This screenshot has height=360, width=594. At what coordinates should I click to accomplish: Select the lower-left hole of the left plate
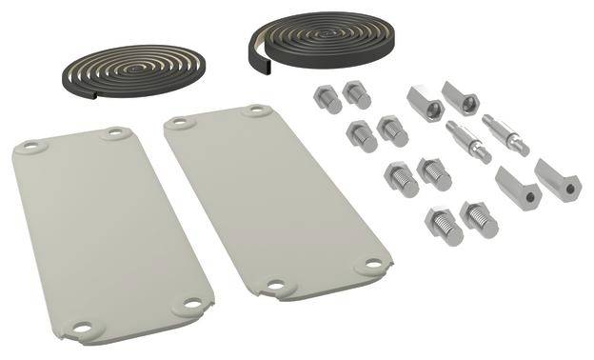click(81, 329)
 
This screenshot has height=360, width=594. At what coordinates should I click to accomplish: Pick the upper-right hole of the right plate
click(257, 111)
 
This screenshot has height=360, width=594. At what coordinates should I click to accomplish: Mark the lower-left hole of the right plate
click(277, 284)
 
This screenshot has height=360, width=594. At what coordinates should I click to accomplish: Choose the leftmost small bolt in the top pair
click(322, 98)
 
